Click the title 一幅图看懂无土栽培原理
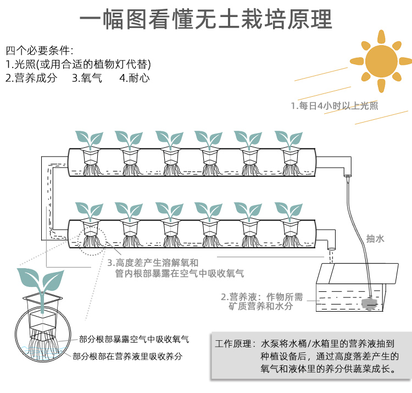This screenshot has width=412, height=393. [x=206, y=19]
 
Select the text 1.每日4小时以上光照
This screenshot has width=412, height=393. [x=334, y=106]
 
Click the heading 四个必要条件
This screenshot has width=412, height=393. [x=39, y=50]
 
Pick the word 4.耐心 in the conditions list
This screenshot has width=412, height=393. [x=134, y=78]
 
